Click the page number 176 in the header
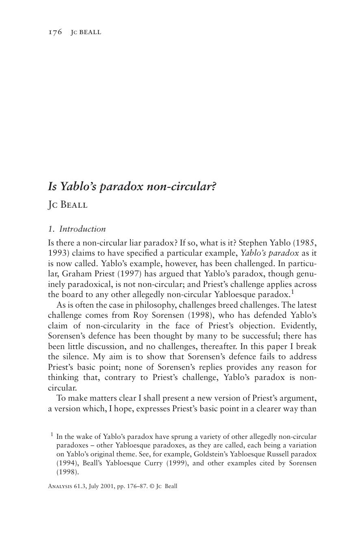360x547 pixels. pos(55,32)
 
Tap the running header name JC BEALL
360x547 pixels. pos(86,32)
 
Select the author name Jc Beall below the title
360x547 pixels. pos(67,205)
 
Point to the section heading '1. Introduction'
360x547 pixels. pos(77,229)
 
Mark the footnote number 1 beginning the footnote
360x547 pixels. pos(52,435)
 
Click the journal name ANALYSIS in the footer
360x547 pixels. pos(60,486)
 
